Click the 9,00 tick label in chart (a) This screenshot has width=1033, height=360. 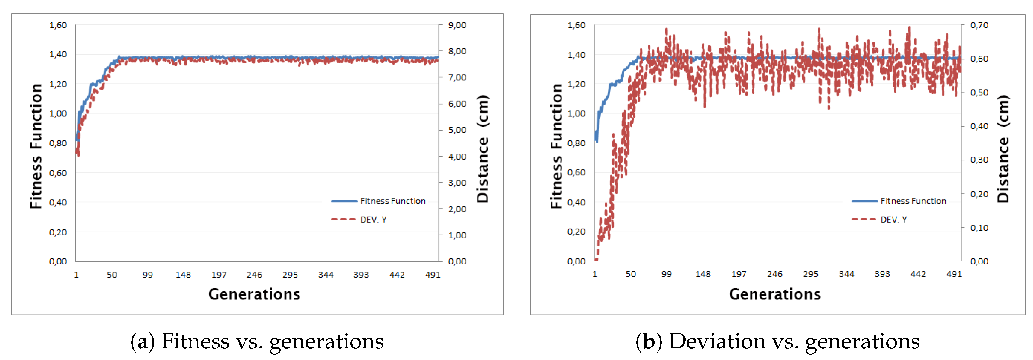(457, 25)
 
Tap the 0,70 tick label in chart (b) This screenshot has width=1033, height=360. (979, 25)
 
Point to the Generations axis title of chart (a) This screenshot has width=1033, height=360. (254, 294)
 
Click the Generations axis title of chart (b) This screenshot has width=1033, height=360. (774, 294)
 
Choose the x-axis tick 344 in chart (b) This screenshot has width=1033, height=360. (846, 274)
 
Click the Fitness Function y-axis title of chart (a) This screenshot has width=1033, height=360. (36, 146)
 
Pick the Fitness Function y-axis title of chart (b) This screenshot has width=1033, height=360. (556, 146)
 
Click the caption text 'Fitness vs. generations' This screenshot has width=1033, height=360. (272, 341)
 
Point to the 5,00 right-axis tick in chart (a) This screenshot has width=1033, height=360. (457, 130)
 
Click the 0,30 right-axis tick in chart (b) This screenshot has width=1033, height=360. (979, 160)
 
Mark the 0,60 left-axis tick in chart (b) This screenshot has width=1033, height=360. (576, 173)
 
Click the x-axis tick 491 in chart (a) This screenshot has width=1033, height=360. (433, 275)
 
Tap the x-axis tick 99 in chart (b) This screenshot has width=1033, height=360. (667, 274)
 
